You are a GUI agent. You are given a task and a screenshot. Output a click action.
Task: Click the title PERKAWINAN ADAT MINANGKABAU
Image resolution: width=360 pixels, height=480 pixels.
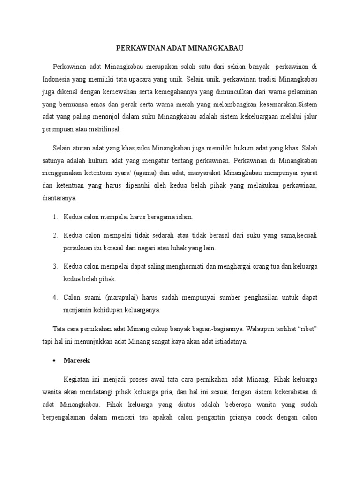[180, 48]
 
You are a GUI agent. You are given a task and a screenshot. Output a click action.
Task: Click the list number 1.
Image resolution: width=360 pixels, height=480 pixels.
[54, 217]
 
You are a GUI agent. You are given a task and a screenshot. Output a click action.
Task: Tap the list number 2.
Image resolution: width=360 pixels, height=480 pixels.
[54, 234]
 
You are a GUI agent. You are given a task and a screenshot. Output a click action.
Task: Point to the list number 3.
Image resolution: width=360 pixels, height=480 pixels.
[54, 266]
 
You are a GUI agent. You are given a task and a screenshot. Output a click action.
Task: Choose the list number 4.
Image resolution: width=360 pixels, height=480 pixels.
[54, 297]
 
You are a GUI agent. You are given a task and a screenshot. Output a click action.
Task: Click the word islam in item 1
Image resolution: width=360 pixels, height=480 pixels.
[185, 217]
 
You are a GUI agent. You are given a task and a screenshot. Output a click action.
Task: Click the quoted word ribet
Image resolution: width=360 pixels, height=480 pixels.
[307, 329]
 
